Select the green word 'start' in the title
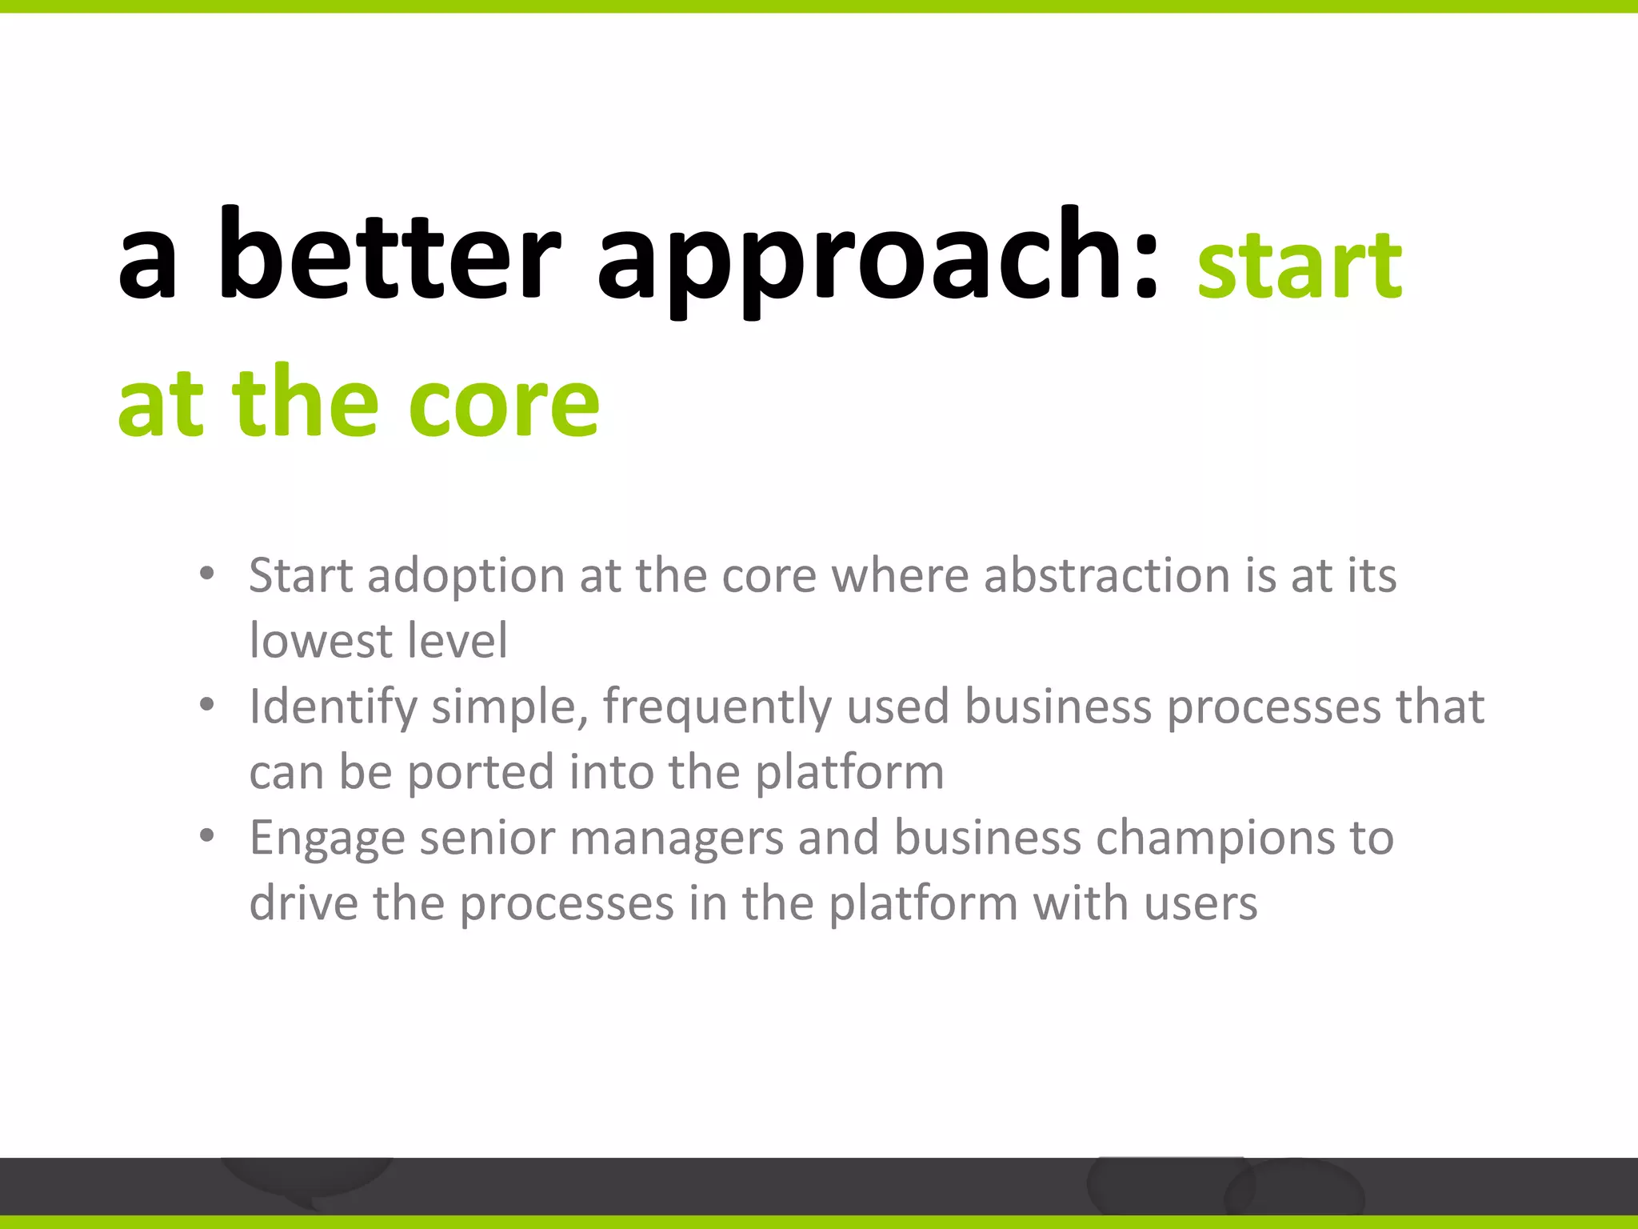click(x=1299, y=266)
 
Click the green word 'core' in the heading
click(x=503, y=404)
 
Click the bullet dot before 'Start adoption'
click(x=207, y=574)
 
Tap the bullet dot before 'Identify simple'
click(x=207, y=705)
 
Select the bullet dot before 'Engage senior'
click(x=207, y=836)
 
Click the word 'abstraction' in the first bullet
click(x=1106, y=575)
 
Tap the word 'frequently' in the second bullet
click(x=717, y=708)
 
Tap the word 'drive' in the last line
click(x=304, y=904)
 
